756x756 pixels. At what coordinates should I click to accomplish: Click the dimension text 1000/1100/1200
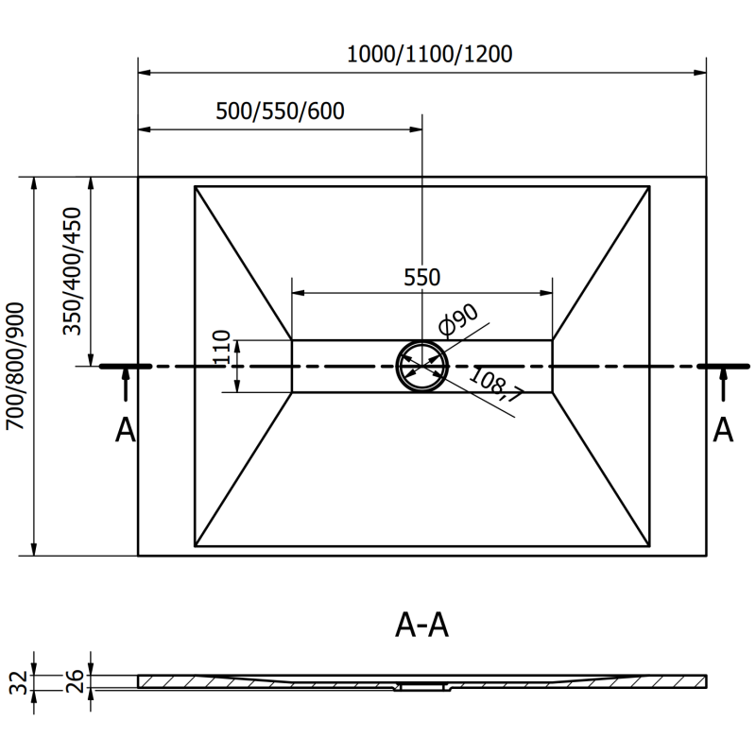point(429,54)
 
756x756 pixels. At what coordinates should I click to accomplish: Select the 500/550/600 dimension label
point(280,111)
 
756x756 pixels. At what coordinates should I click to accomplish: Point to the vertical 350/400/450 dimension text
point(73,271)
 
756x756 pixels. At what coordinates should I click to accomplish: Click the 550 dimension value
point(421,277)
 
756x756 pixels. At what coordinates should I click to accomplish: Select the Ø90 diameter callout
point(460,320)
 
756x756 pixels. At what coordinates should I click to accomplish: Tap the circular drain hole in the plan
point(421,366)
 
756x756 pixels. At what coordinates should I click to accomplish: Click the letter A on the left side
point(125,430)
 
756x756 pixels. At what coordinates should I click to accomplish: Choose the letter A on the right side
point(723,430)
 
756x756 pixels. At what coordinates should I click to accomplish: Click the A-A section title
point(421,625)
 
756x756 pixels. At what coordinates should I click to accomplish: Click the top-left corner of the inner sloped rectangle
point(195,186)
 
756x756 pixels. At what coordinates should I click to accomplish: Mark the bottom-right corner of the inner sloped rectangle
point(649,546)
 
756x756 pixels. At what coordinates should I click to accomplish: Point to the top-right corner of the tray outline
point(707,177)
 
